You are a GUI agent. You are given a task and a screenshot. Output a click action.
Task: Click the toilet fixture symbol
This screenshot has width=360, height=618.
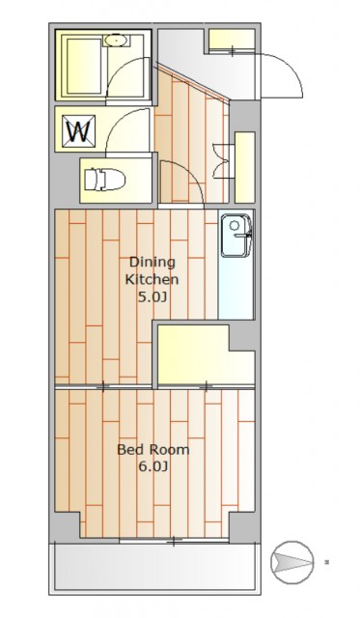click(105, 180)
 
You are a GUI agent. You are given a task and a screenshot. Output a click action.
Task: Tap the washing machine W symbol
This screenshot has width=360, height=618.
click(80, 130)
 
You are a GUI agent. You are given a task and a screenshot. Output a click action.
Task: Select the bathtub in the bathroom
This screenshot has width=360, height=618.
click(84, 67)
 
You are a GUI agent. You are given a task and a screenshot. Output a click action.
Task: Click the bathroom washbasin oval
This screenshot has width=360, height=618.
click(116, 41)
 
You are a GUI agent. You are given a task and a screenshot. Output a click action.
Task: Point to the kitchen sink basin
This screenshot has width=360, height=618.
click(235, 236)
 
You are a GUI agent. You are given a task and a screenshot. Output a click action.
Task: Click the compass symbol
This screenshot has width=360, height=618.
click(292, 562)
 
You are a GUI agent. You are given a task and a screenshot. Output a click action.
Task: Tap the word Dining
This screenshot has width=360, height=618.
click(152, 262)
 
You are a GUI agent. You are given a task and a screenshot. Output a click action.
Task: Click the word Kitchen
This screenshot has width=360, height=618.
click(152, 279)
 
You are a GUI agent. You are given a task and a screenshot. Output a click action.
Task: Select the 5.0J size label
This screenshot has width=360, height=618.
click(152, 296)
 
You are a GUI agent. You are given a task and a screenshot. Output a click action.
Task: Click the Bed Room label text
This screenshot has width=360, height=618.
click(153, 449)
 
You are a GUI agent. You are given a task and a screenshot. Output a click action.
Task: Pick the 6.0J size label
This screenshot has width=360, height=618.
click(153, 467)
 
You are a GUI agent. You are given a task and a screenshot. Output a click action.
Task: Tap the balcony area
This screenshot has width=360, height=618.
click(154, 567)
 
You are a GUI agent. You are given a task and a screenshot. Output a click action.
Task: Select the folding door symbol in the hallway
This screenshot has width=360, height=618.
click(221, 161)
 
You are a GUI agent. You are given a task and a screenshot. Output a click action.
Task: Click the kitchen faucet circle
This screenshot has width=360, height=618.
click(235, 225)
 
